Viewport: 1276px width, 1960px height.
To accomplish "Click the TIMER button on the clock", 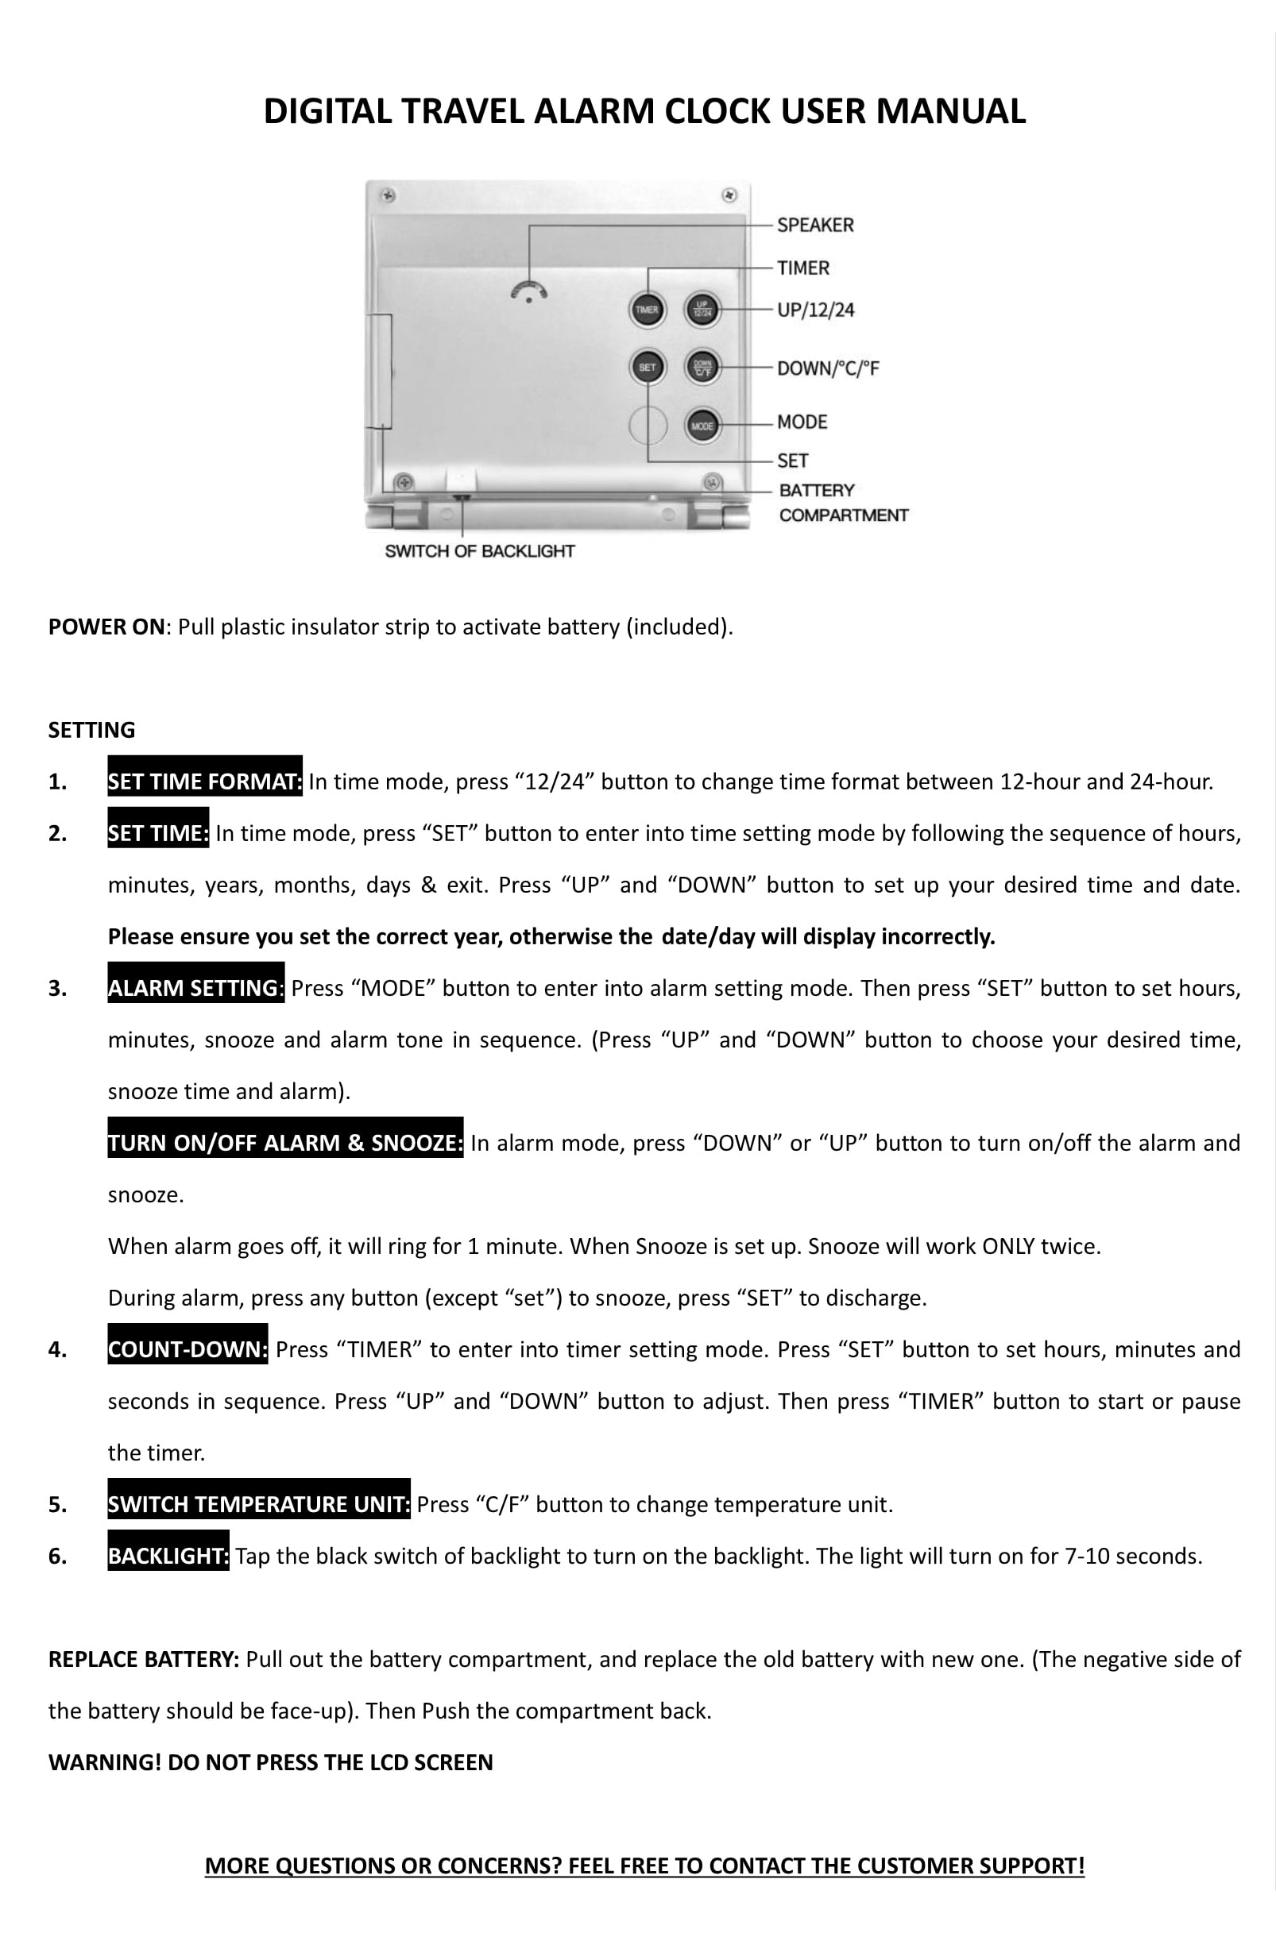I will click(647, 310).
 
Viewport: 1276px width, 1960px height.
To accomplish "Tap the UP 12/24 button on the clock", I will click(702, 310).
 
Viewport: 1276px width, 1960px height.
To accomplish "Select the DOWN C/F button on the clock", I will click(702, 367).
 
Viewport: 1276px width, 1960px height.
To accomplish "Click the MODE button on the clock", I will click(702, 426).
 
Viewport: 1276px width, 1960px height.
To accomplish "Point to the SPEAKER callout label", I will click(814, 225).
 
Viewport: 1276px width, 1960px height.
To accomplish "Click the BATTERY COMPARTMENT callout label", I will click(842, 503).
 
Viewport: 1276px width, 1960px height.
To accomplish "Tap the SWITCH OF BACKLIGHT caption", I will click(479, 551).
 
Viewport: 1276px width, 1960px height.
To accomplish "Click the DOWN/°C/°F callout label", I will click(827, 368).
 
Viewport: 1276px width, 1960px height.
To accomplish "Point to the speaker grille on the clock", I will click(529, 291).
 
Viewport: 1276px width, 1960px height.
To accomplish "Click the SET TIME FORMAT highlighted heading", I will click(204, 781).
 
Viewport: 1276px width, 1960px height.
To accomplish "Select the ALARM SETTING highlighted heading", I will click(195, 987).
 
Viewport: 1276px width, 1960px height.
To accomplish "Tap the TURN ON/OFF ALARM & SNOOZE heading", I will click(285, 1142).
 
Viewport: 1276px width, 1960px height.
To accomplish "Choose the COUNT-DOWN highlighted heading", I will click(187, 1349).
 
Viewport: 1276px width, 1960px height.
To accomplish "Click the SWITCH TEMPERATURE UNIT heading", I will click(259, 1504).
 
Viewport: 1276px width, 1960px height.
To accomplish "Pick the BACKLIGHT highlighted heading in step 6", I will click(168, 1556).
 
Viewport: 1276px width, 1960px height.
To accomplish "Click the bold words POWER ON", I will click(106, 627).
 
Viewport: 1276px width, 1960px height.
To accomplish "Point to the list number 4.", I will click(57, 1350).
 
